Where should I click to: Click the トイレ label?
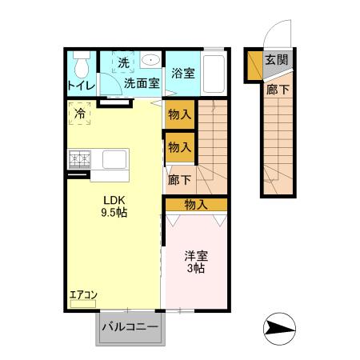coord(81,85)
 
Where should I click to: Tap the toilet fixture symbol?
coord(80,63)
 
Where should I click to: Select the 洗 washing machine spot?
coord(124,62)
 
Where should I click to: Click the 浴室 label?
coord(183,74)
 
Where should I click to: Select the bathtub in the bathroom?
coord(214,74)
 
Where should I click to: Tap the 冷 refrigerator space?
coord(80,114)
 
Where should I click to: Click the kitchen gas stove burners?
coord(80,158)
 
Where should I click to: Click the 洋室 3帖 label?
coord(196,262)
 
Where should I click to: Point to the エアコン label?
coord(83,295)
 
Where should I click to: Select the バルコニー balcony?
coord(130,328)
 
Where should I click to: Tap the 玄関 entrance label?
coord(278,60)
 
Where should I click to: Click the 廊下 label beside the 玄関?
coord(278,90)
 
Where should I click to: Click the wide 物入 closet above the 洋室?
coord(196,205)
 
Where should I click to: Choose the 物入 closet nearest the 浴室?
coord(180,114)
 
